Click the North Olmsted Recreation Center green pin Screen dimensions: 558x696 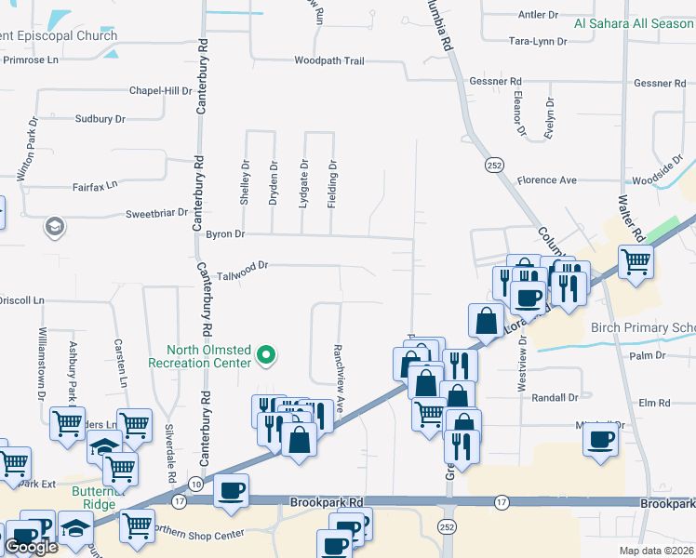[x=266, y=354]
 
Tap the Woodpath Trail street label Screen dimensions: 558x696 [x=328, y=60]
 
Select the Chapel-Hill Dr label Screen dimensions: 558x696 [x=159, y=92]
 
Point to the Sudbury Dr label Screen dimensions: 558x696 [x=100, y=119]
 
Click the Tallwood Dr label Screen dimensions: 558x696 [x=242, y=265]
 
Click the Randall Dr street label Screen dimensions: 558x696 [x=555, y=397]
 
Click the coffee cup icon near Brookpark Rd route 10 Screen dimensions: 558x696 [x=231, y=490]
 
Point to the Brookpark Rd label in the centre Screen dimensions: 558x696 [x=326, y=502]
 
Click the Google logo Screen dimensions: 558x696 [x=31, y=547]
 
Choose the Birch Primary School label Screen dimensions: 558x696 [x=643, y=328]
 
